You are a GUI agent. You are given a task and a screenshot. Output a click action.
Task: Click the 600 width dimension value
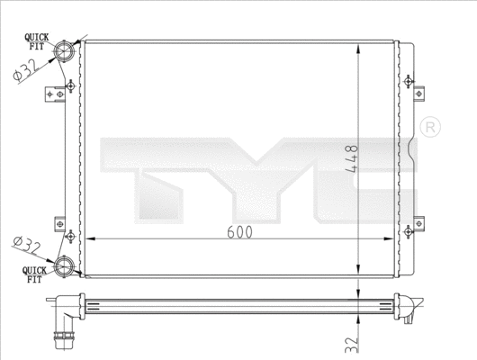click(x=239, y=231)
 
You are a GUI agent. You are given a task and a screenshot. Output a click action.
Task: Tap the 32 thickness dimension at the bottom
click(x=351, y=343)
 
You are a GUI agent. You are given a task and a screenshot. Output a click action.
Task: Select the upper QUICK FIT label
click(x=36, y=40)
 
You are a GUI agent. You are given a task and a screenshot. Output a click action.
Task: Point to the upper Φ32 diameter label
click(x=25, y=69)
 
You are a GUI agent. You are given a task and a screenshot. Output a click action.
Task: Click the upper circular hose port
click(x=66, y=50)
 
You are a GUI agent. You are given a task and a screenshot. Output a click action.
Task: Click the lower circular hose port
click(x=66, y=264)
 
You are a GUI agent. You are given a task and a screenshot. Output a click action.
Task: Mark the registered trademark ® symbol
click(x=429, y=126)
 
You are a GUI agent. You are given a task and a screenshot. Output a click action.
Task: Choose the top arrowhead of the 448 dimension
click(x=360, y=43)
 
